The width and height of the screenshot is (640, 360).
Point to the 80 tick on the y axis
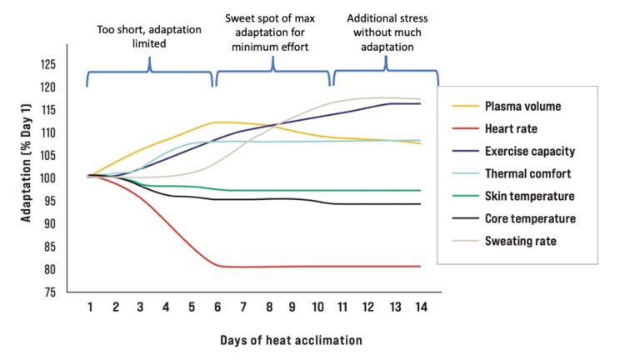(51, 270)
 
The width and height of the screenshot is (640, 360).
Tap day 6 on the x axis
(217, 307)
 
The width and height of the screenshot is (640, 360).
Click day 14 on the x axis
(422, 307)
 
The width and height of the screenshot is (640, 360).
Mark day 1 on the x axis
(89, 307)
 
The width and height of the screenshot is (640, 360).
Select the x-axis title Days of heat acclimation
(292, 340)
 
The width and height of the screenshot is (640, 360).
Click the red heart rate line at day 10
(319, 267)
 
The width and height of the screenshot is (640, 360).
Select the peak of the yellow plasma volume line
(218, 122)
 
